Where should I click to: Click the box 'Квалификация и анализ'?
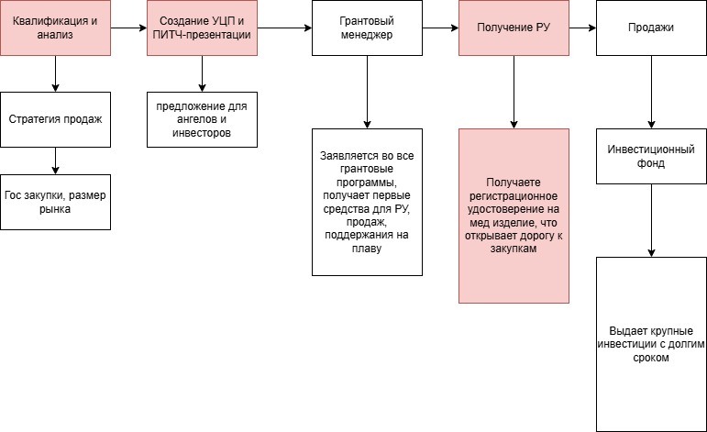55,28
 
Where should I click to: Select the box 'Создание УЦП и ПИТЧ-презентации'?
202,28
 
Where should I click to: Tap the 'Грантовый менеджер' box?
367,28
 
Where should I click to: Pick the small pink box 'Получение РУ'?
514,28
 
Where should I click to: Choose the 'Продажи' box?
651,28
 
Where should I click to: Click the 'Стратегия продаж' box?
55,119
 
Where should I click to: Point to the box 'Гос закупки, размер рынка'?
55,202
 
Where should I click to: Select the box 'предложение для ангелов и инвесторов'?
202,119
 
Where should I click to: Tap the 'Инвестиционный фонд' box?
651,156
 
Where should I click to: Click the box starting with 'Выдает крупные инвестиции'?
651,344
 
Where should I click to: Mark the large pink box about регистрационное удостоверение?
514,216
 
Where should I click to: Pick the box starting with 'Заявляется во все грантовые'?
367,202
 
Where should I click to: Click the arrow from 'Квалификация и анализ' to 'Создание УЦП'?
128,28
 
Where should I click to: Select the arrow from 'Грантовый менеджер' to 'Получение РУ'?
440,28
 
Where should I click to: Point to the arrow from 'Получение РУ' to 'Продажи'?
582,28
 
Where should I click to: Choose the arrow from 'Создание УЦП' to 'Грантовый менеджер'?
284,28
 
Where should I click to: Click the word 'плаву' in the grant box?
367,247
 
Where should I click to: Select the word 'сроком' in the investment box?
651,359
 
